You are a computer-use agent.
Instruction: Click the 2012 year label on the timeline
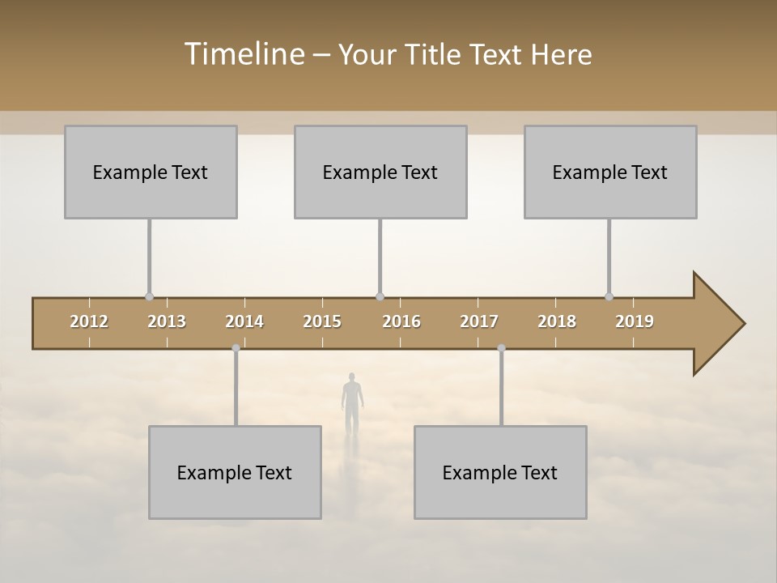(89, 321)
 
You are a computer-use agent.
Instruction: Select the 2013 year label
(167, 321)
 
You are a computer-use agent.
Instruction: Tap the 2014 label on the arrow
(244, 321)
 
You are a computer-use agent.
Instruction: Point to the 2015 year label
(322, 321)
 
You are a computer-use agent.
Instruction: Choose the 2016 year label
(401, 321)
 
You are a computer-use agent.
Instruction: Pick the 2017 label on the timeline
(479, 321)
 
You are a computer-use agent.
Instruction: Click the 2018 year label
(557, 321)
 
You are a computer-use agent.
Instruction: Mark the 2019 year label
(635, 321)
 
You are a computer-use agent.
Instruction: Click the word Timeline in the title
(243, 54)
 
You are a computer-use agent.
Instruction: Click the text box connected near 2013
(151, 172)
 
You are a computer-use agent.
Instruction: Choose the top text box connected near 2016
(380, 172)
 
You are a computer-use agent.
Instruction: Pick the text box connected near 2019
(610, 172)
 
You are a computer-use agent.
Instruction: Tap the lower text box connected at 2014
(235, 472)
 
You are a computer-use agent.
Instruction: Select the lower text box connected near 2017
(500, 472)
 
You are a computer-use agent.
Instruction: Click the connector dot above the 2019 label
(609, 296)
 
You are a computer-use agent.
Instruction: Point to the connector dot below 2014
(236, 348)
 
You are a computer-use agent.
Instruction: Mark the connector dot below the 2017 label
(501, 348)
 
